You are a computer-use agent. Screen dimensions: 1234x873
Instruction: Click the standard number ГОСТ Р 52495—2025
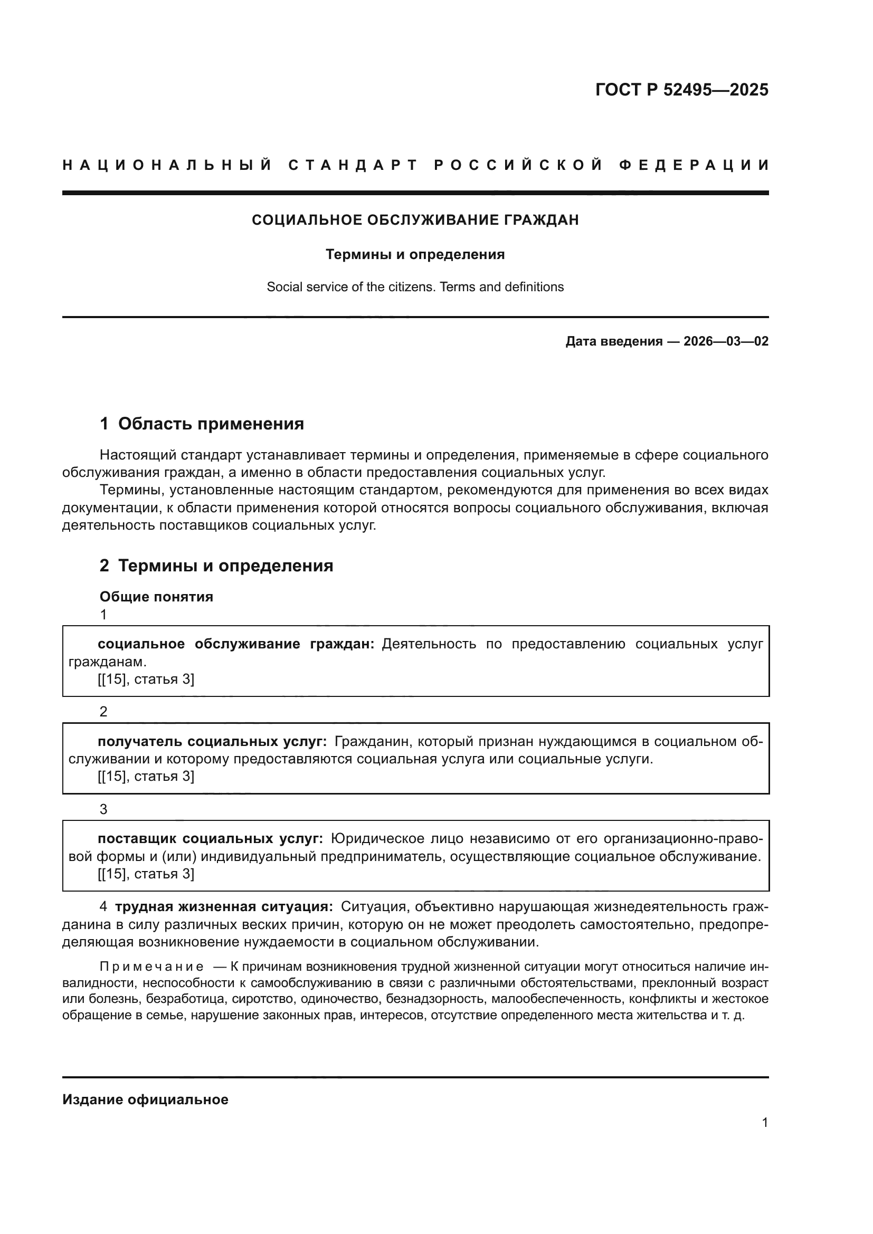[x=681, y=90]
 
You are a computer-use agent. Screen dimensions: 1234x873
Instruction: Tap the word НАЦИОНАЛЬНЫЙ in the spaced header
[x=167, y=165]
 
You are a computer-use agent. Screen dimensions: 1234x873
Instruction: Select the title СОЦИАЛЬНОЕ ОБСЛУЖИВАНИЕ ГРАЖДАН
[x=415, y=220]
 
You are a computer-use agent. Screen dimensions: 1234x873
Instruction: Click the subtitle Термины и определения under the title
[x=415, y=254]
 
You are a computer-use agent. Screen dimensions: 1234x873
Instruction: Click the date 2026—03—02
[x=726, y=341]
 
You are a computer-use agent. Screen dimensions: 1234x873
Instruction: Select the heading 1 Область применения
[x=202, y=424]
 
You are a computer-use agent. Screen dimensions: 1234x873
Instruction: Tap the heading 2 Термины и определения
[x=216, y=566]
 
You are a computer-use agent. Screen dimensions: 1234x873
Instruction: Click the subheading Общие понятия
[x=156, y=597]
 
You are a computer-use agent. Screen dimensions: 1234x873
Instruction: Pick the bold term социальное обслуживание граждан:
[x=235, y=644]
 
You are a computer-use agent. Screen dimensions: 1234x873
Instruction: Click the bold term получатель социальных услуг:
[x=212, y=742]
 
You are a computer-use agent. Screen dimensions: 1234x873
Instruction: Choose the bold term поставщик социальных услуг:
[x=210, y=839]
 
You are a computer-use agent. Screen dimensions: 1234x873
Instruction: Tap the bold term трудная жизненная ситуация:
[x=224, y=907]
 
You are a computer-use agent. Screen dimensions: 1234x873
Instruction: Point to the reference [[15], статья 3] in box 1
[x=146, y=680]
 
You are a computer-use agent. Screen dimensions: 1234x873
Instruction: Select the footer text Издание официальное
[x=145, y=1099]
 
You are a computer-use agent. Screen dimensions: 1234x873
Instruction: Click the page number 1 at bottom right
[x=765, y=1122]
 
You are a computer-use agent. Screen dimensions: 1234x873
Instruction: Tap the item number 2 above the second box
[x=104, y=712]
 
